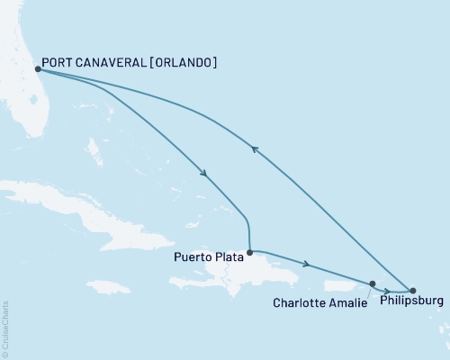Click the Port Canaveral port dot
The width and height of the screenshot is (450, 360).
(37, 68)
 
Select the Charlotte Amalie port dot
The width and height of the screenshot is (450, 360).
(372, 283)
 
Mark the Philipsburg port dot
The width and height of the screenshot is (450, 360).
(412, 291)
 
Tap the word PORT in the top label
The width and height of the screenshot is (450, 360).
(58, 63)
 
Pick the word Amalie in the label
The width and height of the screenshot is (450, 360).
(349, 303)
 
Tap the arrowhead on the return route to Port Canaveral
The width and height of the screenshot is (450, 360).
(255, 150)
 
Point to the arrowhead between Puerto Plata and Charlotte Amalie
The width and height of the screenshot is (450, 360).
(309, 265)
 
